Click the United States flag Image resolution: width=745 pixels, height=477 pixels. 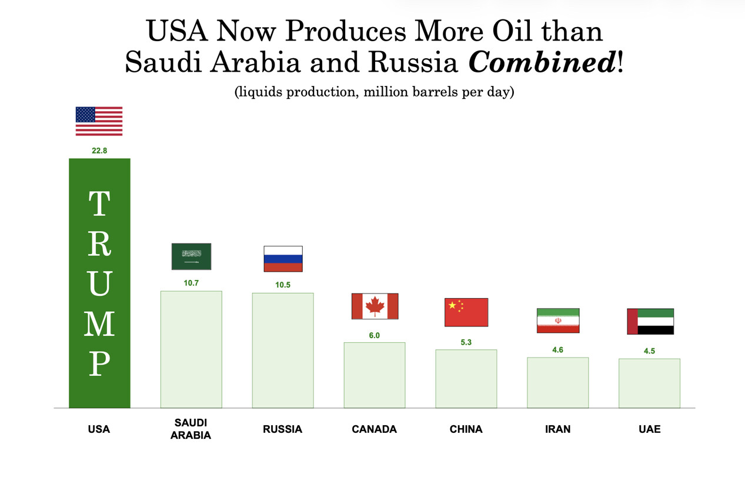(x=99, y=121)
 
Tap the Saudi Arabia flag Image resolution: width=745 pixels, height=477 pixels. (x=191, y=256)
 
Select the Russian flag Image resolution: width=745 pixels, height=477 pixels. (x=283, y=259)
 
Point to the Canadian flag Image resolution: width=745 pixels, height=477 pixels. (x=375, y=306)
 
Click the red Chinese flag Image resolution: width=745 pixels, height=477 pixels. (x=466, y=312)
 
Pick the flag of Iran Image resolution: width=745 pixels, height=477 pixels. (x=558, y=321)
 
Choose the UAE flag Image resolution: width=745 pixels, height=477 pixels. (x=650, y=321)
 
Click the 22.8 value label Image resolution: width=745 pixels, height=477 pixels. (x=99, y=151)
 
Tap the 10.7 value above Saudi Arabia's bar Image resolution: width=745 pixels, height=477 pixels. (x=191, y=283)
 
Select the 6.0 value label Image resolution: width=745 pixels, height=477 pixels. (x=375, y=335)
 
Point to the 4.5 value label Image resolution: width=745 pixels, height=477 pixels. (x=649, y=351)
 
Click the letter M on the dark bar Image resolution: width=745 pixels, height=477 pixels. (x=99, y=323)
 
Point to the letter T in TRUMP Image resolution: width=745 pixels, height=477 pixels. (x=99, y=204)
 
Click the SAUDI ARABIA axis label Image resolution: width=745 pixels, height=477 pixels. (x=191, y=429)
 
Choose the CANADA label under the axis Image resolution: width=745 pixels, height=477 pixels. (x=375, y=429)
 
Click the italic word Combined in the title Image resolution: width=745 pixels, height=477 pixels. (x=542, y=62)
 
